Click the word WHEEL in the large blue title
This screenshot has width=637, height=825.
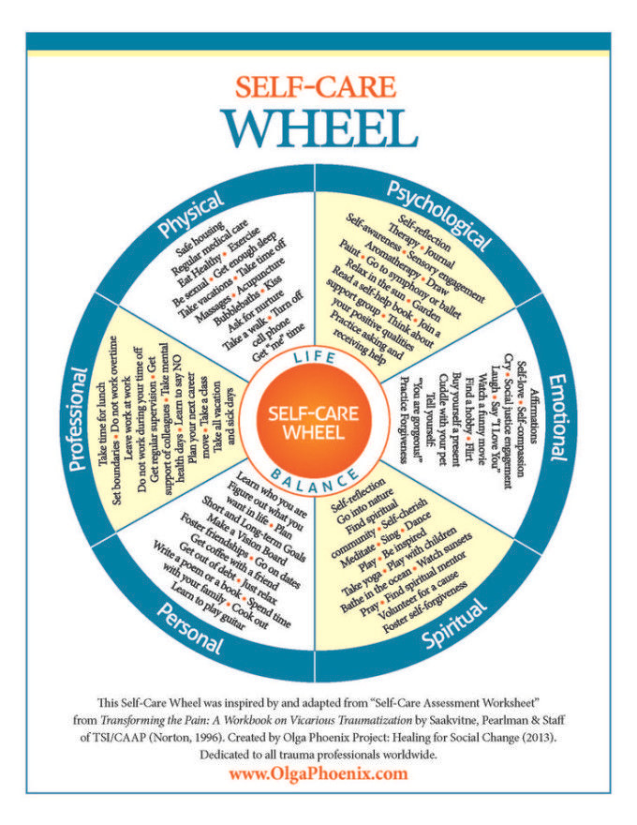[x=318, y=129]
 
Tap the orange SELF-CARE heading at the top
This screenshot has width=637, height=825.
[x=316, y=87]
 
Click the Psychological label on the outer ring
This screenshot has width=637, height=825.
[x=438, y=216]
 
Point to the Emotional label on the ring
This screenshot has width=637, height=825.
[x=558, y=417]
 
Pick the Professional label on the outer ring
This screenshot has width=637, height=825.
[x=78, y=419]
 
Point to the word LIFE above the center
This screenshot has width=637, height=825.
[x=315, y=358]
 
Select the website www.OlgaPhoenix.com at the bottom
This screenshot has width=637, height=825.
[x=318, y=773]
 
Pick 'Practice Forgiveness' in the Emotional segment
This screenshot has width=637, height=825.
[x=404, y=419]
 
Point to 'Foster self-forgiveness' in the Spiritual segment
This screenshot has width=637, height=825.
[x=424, y=607]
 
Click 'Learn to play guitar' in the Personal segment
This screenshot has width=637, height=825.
[x=208, y=607]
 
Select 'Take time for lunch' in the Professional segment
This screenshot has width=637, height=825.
[x=103, y=418]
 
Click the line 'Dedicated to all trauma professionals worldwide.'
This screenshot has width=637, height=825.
[x=318, y=754]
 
